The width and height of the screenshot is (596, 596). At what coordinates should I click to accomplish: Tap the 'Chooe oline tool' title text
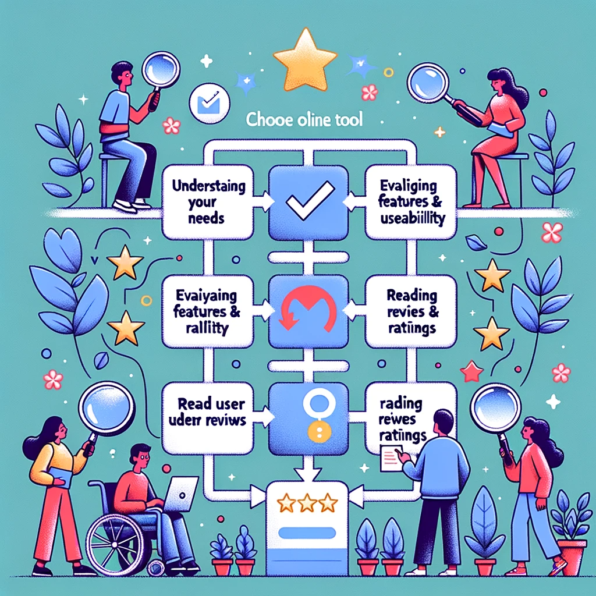(304, 121)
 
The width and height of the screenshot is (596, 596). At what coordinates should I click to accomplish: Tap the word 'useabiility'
(409, 219)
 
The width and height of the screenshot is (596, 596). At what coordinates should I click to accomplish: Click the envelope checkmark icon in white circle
(208, 105)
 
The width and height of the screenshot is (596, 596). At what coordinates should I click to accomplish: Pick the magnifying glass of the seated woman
(428, 83)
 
